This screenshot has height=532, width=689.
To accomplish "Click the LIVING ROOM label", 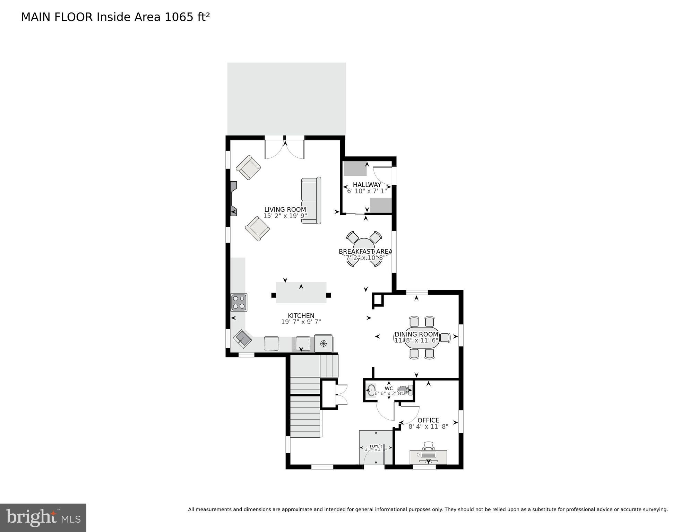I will pos(285,209).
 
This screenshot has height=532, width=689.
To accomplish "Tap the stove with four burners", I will pos(239,302).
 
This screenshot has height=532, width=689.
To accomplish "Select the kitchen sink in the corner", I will pos(242,338).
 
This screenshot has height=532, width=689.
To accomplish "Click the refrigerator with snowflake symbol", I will pos(324,343).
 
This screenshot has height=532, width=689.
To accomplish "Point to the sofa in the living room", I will pos(311,201).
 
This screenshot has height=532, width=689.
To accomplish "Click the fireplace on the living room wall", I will pos(234,199).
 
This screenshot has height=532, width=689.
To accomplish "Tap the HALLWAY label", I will pos(367,185).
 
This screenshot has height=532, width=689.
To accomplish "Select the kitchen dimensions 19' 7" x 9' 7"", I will pos(301,322).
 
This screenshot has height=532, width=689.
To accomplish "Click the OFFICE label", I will pos(428,420).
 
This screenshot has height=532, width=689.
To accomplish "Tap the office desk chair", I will pos(429,446).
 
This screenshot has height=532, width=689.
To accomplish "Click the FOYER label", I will pos(376,446).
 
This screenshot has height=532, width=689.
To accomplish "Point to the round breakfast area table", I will pos(364,248).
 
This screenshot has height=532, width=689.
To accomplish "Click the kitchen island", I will pos(301,292).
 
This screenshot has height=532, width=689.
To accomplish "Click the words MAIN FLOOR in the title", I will pos(57,17).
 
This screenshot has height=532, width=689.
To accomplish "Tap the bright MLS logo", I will pos(43,517).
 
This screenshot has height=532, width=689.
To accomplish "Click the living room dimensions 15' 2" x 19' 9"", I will pos(285,216).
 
